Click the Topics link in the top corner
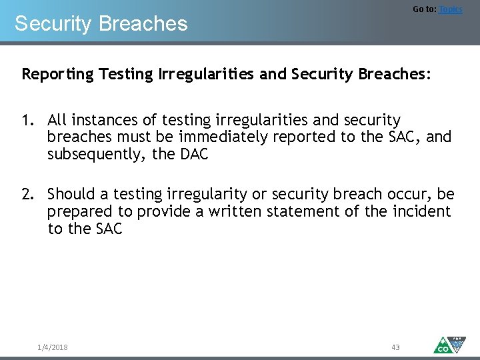[x=451, y=9]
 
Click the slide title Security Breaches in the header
[x=101, y=24]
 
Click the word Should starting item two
[x=71, y=195]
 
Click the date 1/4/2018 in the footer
[x=53, y=347]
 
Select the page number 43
[x=395, y=347]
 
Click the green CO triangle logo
[x=442, y=345]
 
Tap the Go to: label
[x=424, y=9]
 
